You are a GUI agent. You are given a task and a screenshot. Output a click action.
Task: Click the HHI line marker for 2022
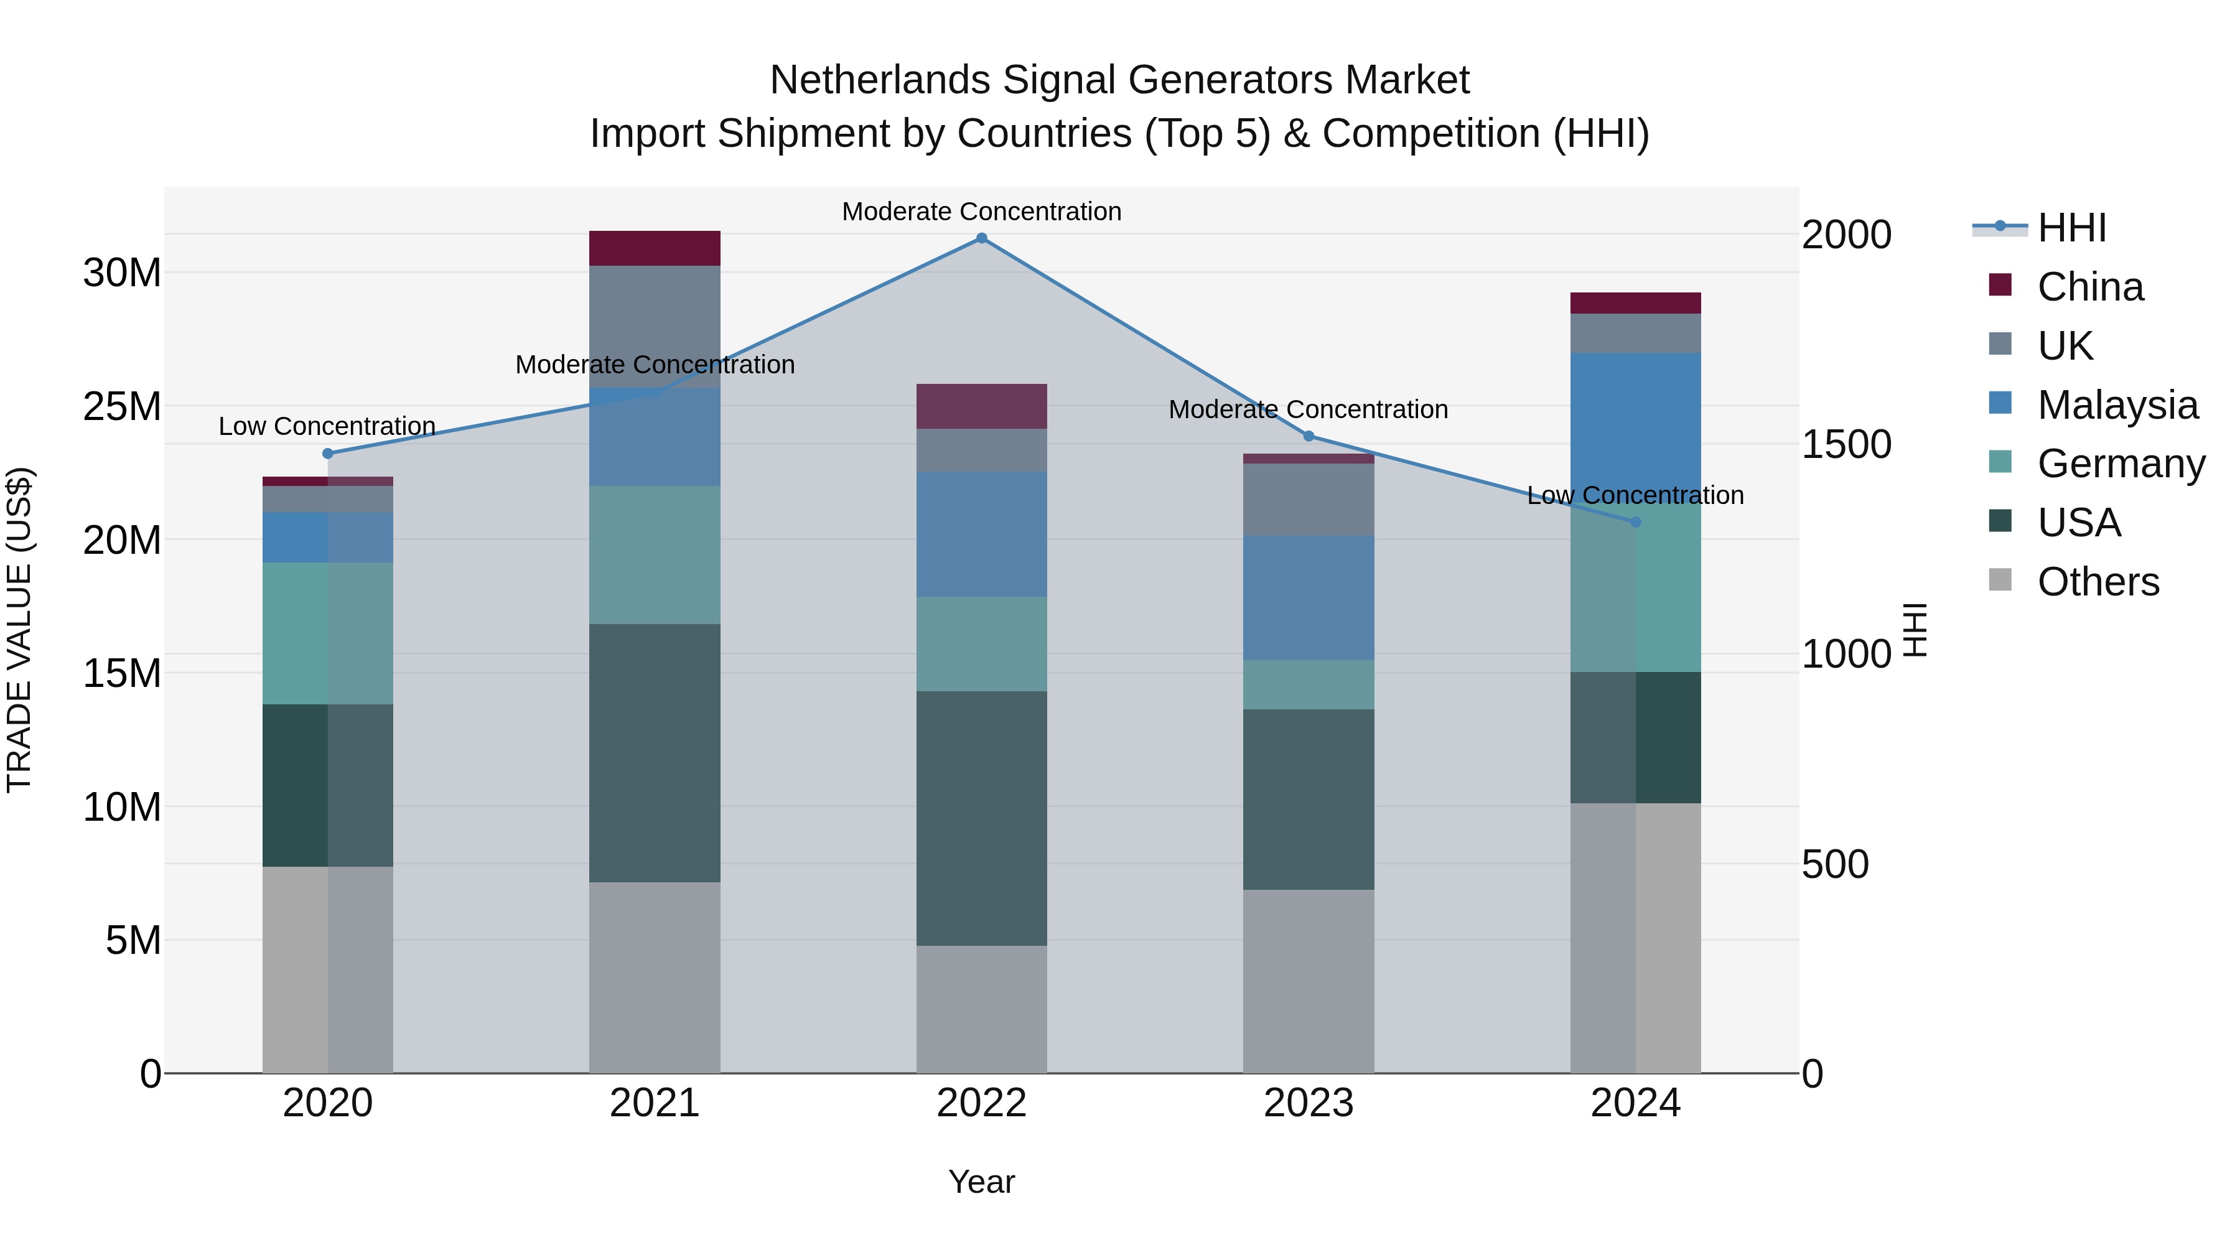point(982,238)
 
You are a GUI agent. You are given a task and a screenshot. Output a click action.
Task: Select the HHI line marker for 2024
point(1636,523)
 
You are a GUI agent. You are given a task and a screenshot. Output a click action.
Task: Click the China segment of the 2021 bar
point(655,249)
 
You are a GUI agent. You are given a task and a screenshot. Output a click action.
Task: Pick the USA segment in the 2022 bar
point(982,818)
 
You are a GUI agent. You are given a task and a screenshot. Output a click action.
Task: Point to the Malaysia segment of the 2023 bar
point(1309,598)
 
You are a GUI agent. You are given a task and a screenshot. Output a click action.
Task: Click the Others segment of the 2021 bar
point(655,978)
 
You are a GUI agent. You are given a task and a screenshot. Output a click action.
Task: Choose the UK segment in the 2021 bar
point(655,327)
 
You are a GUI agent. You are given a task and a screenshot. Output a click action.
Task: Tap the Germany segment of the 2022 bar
point(982,645)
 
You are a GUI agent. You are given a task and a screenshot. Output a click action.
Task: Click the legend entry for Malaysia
point(2117,405)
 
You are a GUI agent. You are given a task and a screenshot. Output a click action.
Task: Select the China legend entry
point(2089,287)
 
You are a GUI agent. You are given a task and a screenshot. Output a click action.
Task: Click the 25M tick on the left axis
point(122,407)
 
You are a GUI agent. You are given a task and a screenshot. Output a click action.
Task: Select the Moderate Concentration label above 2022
point(982,212)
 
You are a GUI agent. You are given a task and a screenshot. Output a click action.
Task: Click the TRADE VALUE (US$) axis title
point(19,630)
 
